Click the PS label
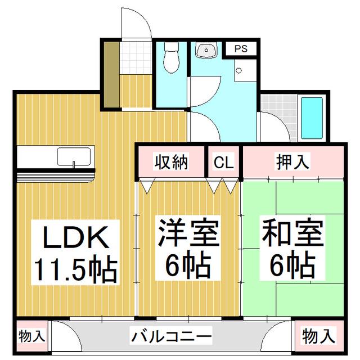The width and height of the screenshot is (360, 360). pos(241,48)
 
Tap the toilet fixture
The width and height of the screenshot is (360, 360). pos(171,57)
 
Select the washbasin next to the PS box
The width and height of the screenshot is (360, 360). pos(206,50)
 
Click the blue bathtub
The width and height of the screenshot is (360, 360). pos(312,118)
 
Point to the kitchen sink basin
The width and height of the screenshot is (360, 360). pos(74,156)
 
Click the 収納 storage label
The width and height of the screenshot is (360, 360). pos(171,162)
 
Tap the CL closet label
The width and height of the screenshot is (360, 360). pos(224,162)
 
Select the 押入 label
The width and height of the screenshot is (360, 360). pos(292,162)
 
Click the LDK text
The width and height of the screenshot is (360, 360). pos(76,237)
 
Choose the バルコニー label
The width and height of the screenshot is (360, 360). pos(171,336)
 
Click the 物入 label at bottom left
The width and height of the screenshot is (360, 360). pos(31,336)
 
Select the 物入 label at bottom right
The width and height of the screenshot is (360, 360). pos(318,336)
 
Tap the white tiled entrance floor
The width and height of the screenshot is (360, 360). pos(136,58)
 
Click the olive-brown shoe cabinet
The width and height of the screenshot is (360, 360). pos(111,75)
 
